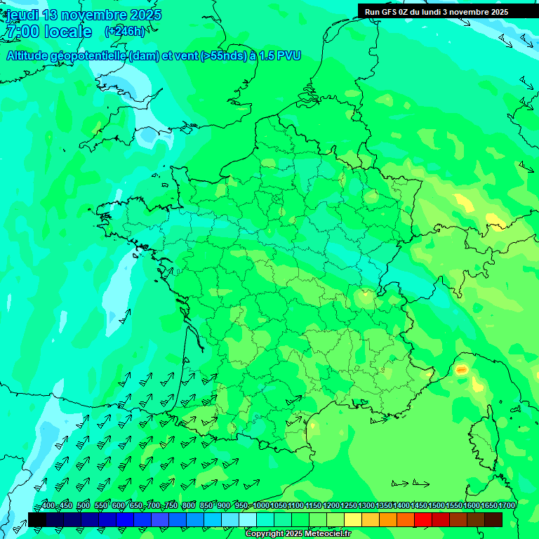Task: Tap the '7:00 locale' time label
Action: point(48,32)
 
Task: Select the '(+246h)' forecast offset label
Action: point(124,32)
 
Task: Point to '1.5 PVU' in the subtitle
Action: point(279,56)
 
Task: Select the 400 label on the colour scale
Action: point(48,506)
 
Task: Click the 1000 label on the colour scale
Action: point(261,506)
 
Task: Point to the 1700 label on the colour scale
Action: point(507,506)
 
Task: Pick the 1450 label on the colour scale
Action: point(419,506)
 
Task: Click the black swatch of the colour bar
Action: point(37,519)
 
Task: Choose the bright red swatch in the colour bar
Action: point(423,519)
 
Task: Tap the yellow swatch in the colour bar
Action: point(353,519)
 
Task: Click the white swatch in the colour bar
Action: point(248,519)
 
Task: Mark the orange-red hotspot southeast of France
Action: point(461,369)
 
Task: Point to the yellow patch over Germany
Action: point(465,203)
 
